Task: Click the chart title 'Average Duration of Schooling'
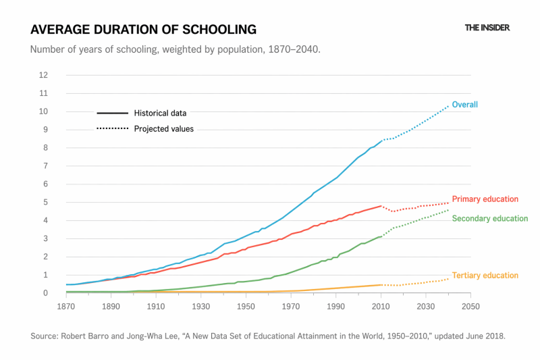[x=143, y=29]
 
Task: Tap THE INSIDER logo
[x=487, y=28]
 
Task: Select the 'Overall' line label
[x=464, y=105]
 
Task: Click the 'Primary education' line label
[x=485, y=199]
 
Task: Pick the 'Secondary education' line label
[x=489, y=218]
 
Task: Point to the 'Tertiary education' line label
[x=485, y=276]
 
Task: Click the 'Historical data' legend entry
[x=160, y=113]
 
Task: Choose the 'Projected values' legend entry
[x=163, y=128]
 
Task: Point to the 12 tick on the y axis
[x=43, y=75]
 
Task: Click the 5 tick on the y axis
[x=45, y=202]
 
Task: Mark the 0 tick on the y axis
[x=45, y=293]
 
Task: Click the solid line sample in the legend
[x=112, y=113]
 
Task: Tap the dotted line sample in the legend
[x=112, y=128]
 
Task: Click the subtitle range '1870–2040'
[x=294, y=50]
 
